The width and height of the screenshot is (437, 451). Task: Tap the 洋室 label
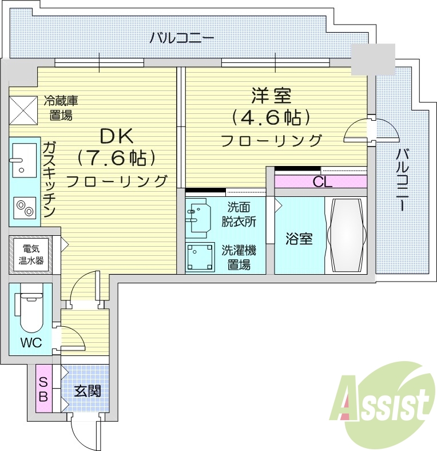pyautogui.click(x=271, y=95)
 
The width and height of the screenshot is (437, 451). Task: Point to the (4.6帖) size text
pyautogui.click(x=271, y=117)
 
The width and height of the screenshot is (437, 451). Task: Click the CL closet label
pyautogui.click(x=322, y=182)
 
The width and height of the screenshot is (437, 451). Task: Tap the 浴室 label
pyautogui.click(x=299, y=239)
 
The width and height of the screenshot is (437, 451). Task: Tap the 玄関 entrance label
pyautogui.click(x=88, y=391)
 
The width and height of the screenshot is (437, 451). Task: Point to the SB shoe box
pyautogui.click(x=43, y=389)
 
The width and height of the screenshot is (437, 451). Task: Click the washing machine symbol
pyautogui.click(x=200, y=257)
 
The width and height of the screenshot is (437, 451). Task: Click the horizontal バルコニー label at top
pyautogui.click(x=182, y=39)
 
